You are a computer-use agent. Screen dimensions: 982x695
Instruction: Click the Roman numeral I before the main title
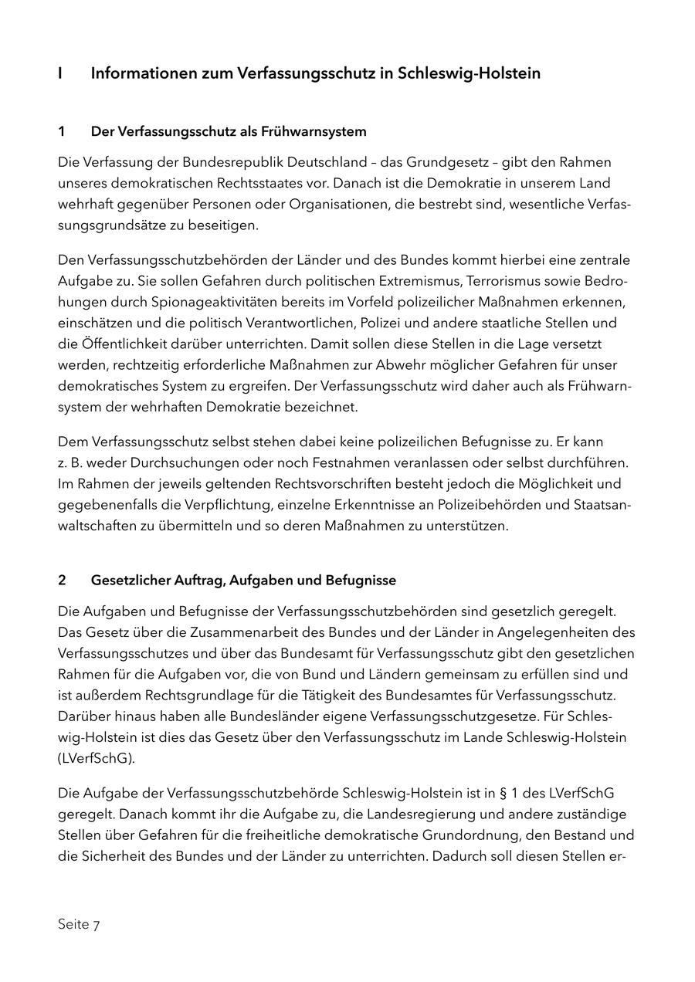(60, 73)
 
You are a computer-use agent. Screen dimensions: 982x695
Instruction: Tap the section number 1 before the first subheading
(61, 131)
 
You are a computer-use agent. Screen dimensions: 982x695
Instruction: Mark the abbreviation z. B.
(69, 463)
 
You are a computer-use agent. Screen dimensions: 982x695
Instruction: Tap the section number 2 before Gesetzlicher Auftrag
(61, 580)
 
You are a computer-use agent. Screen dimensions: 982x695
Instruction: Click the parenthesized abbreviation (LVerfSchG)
(96, 757)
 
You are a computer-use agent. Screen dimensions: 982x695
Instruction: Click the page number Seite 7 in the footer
(79, 924)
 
